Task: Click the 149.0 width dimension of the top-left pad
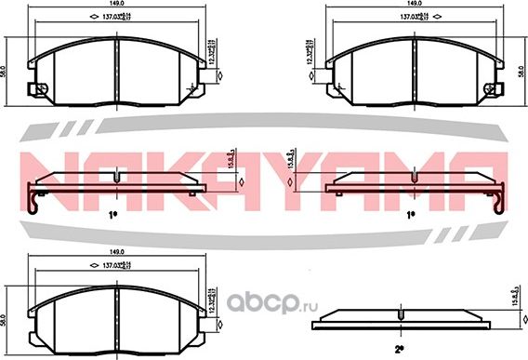click(x=112, y=5)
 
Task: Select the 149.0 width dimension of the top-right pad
click(x=416, y=5)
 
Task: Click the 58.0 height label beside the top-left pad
click(x=5, y=70)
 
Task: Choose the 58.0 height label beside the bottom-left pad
click(x=5, y=319)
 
